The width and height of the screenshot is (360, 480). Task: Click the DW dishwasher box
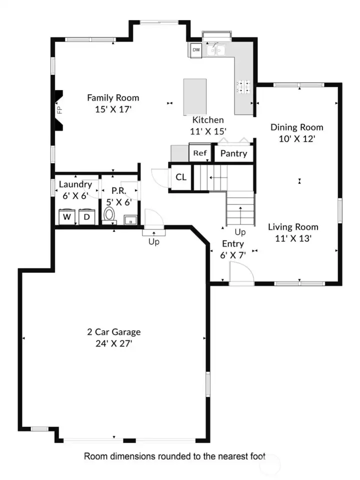tap(196, 50)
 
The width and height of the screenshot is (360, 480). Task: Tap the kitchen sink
tap(215, 50)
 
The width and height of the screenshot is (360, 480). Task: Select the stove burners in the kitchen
tap(243, 86)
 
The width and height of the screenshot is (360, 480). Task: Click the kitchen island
tap(195, 96)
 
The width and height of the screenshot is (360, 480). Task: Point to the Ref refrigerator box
tap(200, 152)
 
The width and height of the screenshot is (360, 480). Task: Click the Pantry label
tap(233, 153)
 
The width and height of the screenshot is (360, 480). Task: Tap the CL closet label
tap(181, 177)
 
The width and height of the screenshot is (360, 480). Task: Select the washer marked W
tap(67, 216)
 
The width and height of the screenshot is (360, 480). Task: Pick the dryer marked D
tap(86, 216)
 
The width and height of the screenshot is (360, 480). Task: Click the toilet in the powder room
tap(109, 214)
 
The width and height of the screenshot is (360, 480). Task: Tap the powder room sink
tap(130, 220)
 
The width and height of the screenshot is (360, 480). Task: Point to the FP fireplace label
tap(59, 110)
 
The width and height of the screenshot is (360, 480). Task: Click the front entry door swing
tap(241, 274)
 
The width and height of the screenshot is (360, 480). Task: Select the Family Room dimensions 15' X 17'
tap(113, 109)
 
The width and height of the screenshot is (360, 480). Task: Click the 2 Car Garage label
tap(114, 332)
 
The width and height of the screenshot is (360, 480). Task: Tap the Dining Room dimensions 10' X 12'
tap(296, 138)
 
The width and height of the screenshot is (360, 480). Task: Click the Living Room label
tap(293, 227)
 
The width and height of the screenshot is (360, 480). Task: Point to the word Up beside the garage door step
tap(154, 242)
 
